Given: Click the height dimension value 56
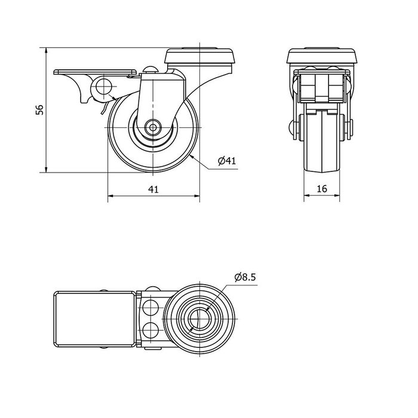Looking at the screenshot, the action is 39,110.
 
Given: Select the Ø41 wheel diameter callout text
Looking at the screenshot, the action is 227,161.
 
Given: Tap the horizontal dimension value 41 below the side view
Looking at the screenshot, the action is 153,189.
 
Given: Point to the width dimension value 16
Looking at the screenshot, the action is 322,189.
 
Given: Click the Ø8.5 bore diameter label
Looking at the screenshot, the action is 245,277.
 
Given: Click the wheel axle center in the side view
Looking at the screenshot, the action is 153,127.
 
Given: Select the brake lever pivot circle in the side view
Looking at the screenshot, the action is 103,87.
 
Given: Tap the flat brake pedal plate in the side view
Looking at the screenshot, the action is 95,72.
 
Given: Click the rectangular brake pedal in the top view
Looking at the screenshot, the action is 95,319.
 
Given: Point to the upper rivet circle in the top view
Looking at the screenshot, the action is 150,307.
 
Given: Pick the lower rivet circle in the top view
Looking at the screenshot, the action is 150,330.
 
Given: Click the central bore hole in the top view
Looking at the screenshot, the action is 199,319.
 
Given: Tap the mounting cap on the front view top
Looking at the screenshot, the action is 322,56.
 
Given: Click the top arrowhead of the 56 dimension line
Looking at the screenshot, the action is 46,51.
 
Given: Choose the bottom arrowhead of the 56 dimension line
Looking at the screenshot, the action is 46,169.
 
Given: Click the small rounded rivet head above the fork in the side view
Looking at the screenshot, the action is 150,70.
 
